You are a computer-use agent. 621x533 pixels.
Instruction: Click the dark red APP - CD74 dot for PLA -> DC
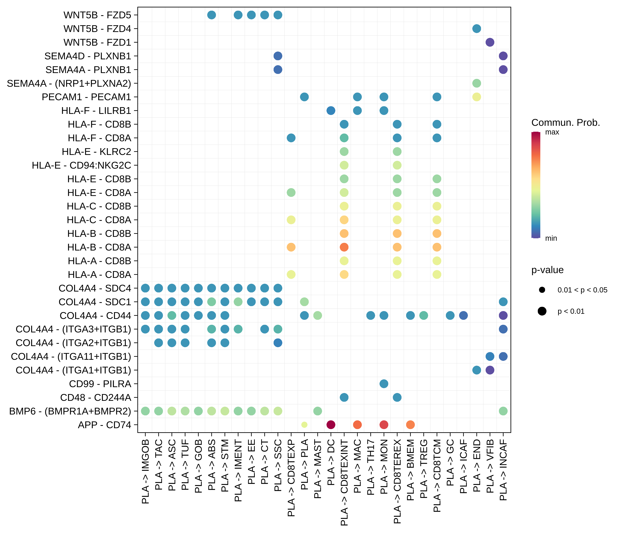(331, 425)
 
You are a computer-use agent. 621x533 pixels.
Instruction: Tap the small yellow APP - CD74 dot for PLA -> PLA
(304, 425)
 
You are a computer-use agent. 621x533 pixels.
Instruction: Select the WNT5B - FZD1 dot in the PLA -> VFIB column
(490, 42)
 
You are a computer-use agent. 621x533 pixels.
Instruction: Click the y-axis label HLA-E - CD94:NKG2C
(81, 165)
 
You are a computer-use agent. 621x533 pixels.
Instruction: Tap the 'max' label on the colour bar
(552, 132)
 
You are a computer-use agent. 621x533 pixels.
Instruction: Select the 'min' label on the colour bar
(551, 238)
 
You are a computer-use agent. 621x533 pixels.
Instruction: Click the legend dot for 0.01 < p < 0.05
(542, 290)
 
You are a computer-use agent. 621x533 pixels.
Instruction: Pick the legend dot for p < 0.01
(542, 311)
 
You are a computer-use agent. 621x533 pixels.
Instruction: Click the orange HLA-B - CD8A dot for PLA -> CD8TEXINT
(344, 247)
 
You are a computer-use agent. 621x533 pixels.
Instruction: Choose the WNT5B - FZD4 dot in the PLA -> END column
(477, 29)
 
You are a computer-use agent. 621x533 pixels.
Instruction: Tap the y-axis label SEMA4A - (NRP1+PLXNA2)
(69, 84)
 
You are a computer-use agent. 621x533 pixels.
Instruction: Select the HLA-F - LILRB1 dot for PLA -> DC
(331, 111)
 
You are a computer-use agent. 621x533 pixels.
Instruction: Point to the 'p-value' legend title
(547, 270)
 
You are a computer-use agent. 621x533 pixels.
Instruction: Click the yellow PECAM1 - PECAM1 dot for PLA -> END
(477, 97)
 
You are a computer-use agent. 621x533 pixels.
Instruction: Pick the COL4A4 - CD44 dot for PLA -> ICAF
(463, 315)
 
